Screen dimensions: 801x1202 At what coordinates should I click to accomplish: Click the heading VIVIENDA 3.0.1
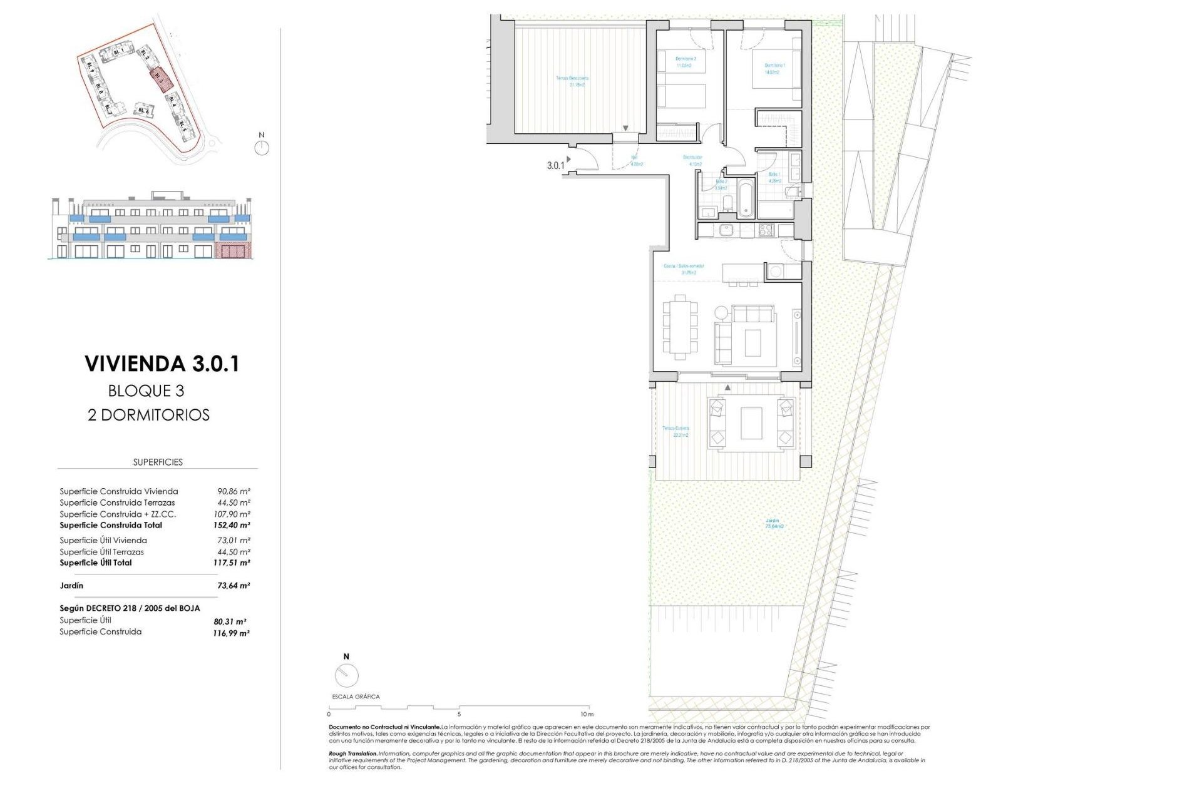coord(162,364)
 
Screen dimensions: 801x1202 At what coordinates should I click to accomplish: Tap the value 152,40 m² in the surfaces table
coord(231,526)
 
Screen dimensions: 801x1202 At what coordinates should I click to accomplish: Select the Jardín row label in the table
coord(71,586)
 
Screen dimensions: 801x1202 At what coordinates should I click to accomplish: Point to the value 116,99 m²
coord(231,633)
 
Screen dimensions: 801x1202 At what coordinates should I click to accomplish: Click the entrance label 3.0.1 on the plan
coord(555,166)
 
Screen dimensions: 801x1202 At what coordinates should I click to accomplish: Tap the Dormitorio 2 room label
coord(683,61)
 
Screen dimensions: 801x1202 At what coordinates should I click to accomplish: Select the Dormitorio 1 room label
coord(774,68)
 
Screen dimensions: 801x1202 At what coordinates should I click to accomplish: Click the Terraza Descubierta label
coord(572,81)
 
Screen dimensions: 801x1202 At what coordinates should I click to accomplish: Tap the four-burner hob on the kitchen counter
coord(766,230)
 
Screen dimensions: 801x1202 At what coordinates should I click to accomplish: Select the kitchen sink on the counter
coord(726,230)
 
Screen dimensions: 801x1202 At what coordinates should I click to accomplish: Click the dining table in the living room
coord(680,327)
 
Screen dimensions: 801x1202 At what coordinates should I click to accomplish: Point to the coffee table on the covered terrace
coord(751,424)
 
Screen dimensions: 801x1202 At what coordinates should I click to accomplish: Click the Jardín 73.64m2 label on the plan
coord(774,524)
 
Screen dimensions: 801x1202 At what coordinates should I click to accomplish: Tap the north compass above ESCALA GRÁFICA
coord(346,675)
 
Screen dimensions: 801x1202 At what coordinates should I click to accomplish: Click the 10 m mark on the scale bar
coord(586,714)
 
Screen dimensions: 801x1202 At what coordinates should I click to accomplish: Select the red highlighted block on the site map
coord(161,80)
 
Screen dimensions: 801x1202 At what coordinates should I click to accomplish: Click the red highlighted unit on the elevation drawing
coord(233,252)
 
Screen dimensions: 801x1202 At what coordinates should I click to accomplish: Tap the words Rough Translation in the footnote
coord(353,753)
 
